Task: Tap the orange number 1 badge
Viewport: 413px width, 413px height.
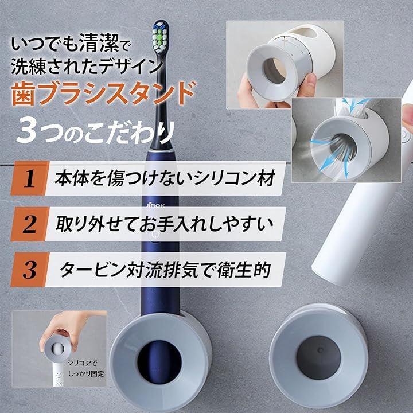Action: [29, 178]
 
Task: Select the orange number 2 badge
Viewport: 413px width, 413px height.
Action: [29, 224]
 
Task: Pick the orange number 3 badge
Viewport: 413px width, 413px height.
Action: [29, 270]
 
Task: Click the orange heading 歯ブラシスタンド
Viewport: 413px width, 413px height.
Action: [104, 93]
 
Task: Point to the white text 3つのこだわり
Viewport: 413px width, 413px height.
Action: [96, 132]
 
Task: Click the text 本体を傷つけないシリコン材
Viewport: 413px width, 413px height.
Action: [165, 178]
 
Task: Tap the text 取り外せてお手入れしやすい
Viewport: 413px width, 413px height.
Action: [165, 224]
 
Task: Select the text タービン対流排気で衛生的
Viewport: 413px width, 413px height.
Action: [165, 270]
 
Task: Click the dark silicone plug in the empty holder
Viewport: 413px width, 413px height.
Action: [318, 357]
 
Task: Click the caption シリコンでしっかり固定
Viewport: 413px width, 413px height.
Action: [86, 368]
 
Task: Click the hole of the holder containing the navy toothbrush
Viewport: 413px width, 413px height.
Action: [159, 363]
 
